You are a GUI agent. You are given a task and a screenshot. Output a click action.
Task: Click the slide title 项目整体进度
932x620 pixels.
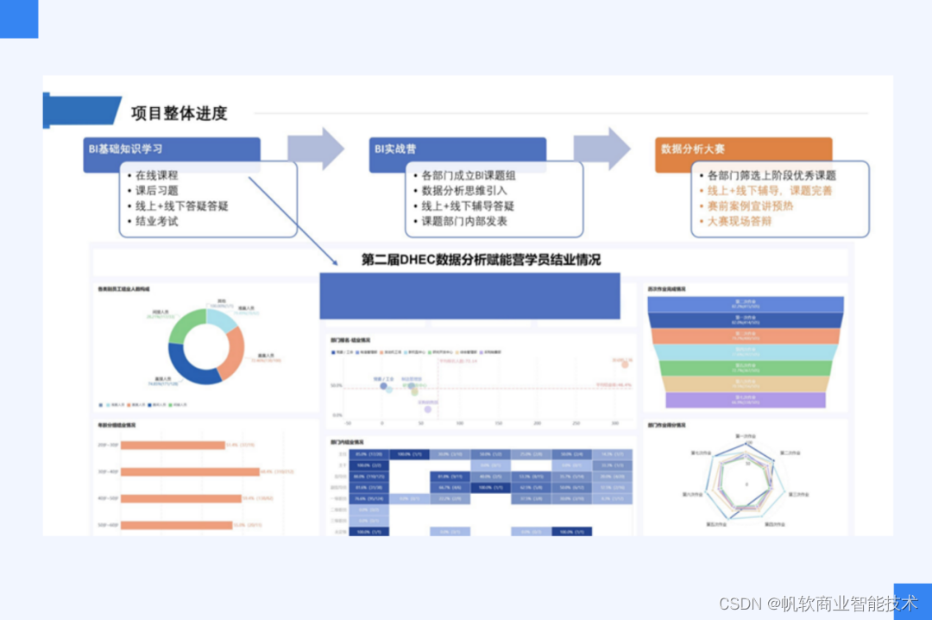point(179,113)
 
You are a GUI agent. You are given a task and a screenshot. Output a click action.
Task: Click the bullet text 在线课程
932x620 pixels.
point(156,175)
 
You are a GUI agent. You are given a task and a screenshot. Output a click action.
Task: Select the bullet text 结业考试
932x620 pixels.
point(156,222)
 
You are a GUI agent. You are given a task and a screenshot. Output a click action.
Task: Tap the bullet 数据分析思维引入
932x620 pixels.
point(464,191)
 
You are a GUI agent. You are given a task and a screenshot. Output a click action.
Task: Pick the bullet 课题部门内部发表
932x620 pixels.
point(464,222)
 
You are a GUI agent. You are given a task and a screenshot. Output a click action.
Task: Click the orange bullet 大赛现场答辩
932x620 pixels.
point(740,222)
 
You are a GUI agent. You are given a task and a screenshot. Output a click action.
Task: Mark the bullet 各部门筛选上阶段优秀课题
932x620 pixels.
point(771,175)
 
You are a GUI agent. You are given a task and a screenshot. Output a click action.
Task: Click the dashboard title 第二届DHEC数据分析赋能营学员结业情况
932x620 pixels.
point(481,260)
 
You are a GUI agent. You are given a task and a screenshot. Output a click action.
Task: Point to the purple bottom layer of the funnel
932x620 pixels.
point(745,401)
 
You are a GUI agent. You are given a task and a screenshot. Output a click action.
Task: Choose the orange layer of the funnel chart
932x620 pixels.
point(745,337)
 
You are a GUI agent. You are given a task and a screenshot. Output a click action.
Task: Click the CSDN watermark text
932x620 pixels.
point(818,604)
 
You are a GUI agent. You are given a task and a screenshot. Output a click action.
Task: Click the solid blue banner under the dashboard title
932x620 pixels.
point(469,296)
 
